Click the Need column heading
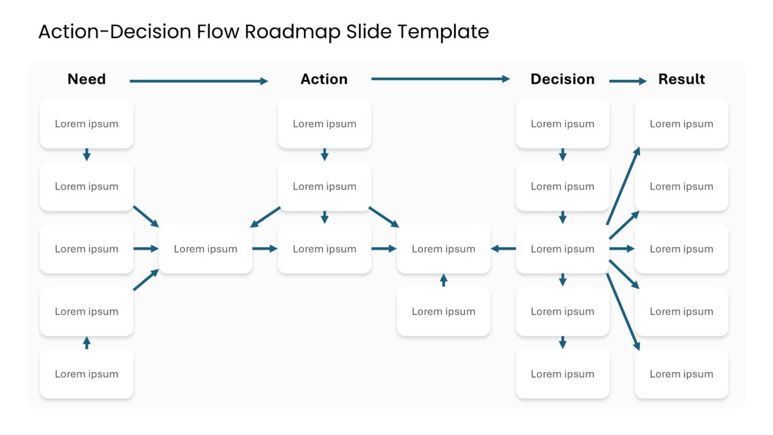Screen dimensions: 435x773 (86, 79)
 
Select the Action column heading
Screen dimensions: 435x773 (324, 79)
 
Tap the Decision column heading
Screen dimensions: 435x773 (562, 79)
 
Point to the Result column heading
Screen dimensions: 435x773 (681, 79)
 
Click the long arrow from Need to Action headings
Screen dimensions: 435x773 (198, 81)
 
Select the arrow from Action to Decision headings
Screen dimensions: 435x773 (440, 79)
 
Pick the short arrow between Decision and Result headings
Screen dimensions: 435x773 (628, 81)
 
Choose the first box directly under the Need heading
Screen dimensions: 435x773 (86, 124)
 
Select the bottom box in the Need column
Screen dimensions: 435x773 (86, 374)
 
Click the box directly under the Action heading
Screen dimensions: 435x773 (324, 124)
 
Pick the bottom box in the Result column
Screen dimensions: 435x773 (681, 374)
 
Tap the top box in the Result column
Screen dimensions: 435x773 (681, 124)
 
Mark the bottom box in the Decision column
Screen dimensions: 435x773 (562, 374)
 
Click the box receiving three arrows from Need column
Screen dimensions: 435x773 (206, 249)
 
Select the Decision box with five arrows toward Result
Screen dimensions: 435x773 (562, 249)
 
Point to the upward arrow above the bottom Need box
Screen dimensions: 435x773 (86, 342)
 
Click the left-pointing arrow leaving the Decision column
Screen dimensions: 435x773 (503, 249)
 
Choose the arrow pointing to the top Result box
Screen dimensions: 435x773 (623, 186)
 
